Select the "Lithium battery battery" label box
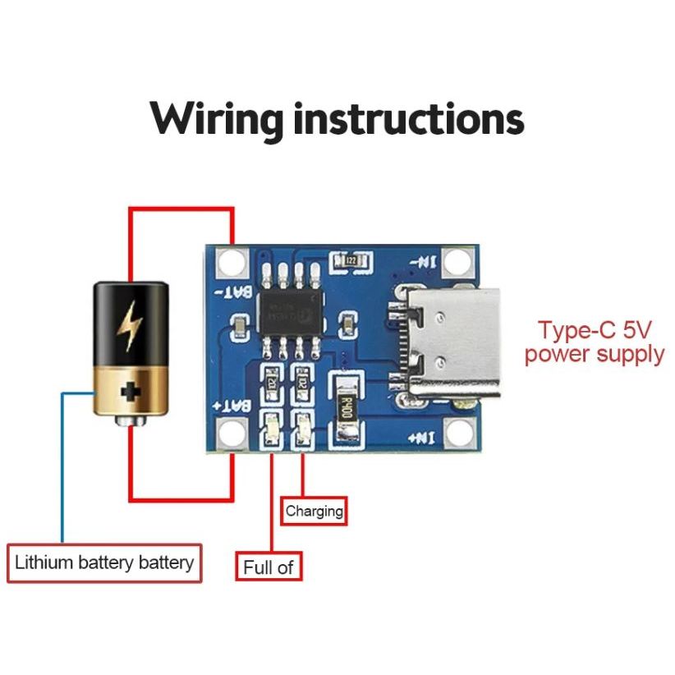pos(104,563)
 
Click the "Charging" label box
pos(314,511)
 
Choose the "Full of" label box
pos(268,567)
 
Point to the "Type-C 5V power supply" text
pos(595,342)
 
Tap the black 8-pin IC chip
pos(291,310)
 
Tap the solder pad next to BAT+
pos(232,431)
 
